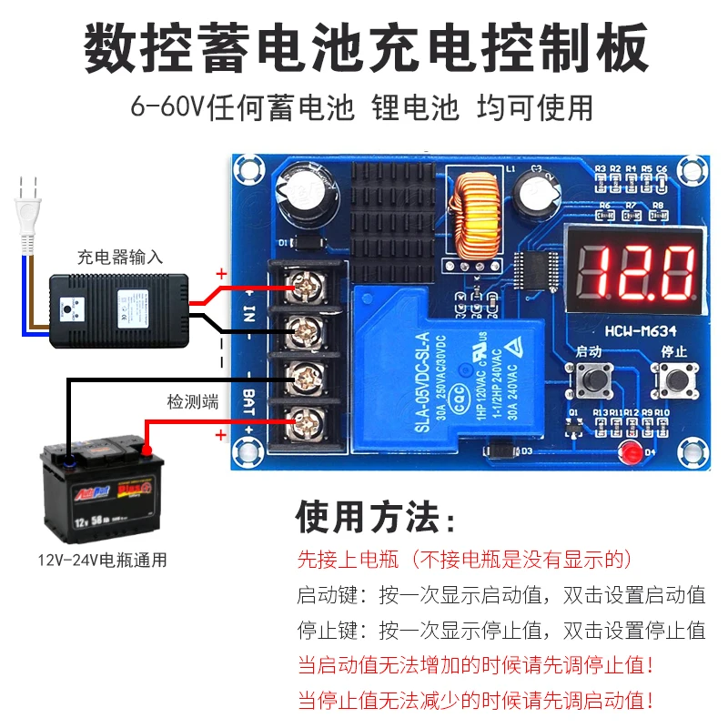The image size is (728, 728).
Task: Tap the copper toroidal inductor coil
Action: [x=476, y=216]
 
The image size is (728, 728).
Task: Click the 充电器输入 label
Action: [x=120, y=257]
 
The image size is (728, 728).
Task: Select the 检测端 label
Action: [x=192, y=401]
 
